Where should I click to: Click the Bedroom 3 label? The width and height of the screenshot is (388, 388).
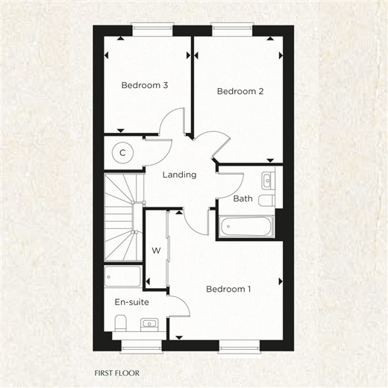pos(145,85)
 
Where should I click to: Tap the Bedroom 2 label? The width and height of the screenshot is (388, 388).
pos(240,91)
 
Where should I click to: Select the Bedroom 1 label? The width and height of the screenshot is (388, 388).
pos(228,289)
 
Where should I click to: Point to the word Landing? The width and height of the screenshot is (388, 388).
pos(179,175)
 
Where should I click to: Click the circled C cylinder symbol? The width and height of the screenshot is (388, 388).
pos(122,153)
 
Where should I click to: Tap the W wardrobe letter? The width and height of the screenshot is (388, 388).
pos(156,251)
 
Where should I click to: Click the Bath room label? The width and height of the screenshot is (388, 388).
pos(242,198)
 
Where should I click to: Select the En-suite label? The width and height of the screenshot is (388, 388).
pos(131,302)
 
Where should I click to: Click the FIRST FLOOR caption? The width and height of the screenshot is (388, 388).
pos(117,373)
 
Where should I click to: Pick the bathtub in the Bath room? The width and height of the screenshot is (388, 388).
pos(246,226)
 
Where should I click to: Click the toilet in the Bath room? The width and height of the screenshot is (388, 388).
pos(266,201)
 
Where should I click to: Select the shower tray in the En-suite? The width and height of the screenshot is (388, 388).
pos(123,276)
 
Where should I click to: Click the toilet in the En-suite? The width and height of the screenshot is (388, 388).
pos(121,323)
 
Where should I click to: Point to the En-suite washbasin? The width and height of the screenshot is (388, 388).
pos(149,325)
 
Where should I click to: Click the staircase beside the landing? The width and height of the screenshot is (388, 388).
pos(124,217)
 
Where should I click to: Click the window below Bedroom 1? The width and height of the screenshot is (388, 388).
pos(240,347)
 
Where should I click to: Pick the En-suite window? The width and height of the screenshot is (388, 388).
pos(141,347)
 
